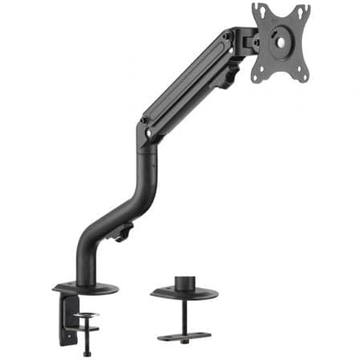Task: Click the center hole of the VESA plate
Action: point(282,36)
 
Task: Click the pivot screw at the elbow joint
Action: point(145,121)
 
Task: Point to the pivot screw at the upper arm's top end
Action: point(228,38)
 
